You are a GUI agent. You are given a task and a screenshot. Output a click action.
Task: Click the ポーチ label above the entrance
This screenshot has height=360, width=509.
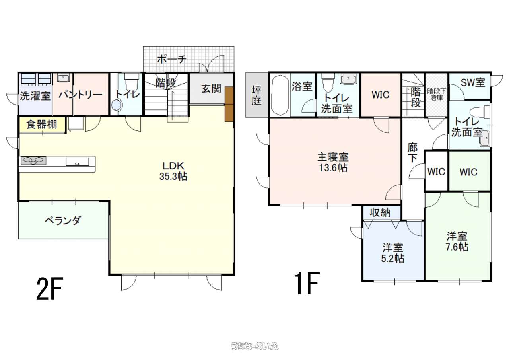tap(172, 59)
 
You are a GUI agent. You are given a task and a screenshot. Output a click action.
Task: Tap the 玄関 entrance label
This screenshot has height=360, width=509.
tap(211, 89)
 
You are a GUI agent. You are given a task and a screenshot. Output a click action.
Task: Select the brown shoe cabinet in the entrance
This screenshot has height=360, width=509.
tap(229, 104)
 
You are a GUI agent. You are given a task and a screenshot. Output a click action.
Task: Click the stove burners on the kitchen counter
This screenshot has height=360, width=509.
tap(34, 160)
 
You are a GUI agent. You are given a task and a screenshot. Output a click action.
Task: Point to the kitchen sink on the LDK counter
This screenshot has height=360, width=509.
tap(77, 162)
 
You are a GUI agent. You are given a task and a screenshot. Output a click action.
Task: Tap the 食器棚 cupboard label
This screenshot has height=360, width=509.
tap(41, 125)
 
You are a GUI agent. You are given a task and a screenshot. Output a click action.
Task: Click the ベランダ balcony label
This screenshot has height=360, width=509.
tap(62, 220)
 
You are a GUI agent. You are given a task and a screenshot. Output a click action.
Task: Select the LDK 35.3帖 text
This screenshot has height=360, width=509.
tap(173, 171)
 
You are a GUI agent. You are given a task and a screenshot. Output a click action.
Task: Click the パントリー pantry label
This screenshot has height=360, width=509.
tap(80, 95)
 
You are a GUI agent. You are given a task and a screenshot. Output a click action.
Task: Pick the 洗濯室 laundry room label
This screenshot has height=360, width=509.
tap(35, 96)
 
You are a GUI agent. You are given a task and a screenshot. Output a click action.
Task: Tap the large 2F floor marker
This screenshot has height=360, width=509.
tap(50, 288)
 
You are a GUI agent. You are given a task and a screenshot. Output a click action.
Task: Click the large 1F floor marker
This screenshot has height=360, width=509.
tap(307, 283)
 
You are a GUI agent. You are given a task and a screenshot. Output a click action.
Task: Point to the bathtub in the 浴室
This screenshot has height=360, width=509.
tap(280, 95)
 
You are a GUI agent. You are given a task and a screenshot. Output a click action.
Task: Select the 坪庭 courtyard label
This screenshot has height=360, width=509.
tap(256, 95)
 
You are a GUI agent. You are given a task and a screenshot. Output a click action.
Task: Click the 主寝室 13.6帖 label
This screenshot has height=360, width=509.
tap(333, 162)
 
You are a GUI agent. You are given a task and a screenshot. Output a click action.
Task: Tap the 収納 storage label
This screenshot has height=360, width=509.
tap(380, 213)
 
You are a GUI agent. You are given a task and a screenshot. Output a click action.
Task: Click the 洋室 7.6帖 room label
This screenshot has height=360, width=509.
tap(457, 241)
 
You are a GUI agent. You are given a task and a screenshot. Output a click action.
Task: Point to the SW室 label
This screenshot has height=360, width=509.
tap(473, 82)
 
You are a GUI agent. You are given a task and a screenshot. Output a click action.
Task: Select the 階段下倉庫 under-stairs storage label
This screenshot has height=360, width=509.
tap(437, 95)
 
